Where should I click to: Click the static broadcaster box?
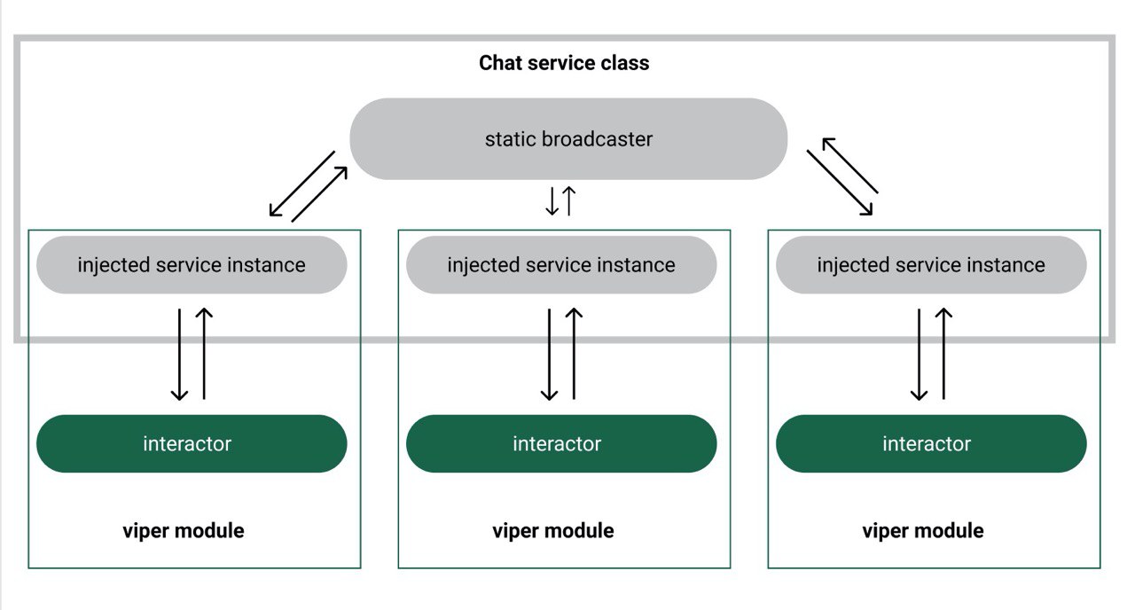pos(568,139)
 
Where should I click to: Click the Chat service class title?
pos(564,63)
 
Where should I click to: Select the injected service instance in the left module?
pos(192,265)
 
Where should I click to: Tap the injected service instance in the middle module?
pos(561,265)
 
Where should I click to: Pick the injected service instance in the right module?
pos(931,265)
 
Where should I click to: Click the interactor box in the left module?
pos(192,444)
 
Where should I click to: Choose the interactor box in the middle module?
pos(561,444)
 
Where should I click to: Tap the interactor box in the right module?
pos(931,444)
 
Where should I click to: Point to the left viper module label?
pos(184,531)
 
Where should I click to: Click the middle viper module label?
pos(553,531)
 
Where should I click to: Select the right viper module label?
pos(923,531)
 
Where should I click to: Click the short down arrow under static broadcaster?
pos(552,201)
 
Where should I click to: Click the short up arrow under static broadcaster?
pos(569,201)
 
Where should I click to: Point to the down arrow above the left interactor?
pos(179,355)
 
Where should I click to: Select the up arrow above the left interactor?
pos(204,354)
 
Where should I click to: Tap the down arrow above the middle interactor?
pos(549,355)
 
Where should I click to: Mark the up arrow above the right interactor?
pos(944,354)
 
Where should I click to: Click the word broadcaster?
pos(598,139)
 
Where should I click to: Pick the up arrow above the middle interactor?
pos(574,354)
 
